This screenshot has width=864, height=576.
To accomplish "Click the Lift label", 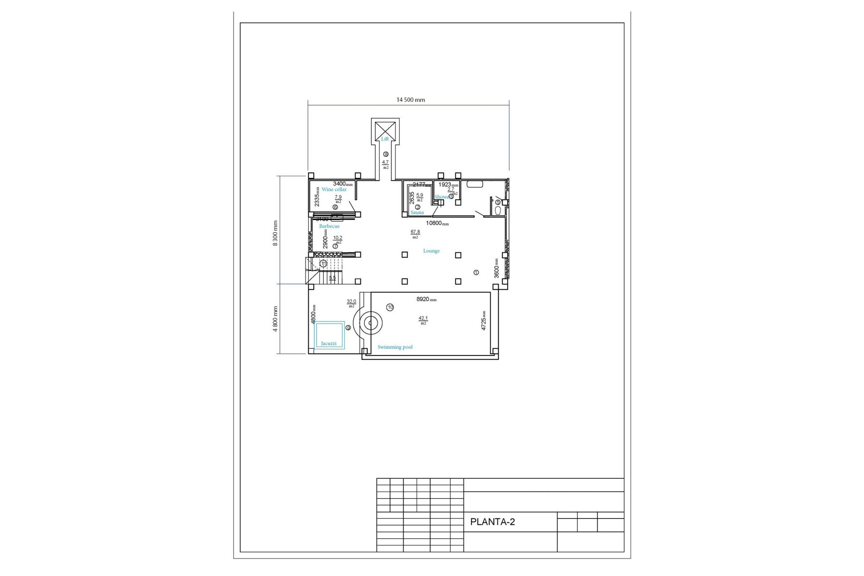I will coord(385,139).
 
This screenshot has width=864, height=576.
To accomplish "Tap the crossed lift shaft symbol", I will coord(385,128).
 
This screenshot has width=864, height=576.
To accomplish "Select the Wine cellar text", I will coord(334,189).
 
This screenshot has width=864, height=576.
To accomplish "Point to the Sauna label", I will coord(417,212).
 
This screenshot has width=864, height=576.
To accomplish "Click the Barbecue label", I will coord(329,226).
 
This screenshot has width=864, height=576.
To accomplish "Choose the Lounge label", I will coord(431,251).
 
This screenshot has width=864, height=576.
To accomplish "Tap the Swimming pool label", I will coord(395,347).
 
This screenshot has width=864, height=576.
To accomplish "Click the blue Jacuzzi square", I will coord(329,335).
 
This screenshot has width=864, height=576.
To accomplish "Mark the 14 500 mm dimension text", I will coord(410,100).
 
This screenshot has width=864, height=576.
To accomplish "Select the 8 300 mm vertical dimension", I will coord(275,233).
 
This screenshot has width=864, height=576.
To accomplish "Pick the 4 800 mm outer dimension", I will coord(275,319).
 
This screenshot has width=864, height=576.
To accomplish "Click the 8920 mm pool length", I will coord(426,299).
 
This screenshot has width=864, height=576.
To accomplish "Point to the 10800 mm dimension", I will coord(437,223).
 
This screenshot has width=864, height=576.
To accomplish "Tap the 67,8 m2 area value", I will coord(415,232).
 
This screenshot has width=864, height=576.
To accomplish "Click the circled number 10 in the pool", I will coord(390,307).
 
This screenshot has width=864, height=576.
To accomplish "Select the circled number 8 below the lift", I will coord(386,154).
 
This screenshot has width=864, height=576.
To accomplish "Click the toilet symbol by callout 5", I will coord(498,210).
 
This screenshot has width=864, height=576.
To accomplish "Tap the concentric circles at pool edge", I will coord(370,323).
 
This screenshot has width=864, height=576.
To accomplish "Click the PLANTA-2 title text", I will coord(492,522).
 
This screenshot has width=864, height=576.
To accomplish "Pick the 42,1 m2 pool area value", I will coord(423,319).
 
